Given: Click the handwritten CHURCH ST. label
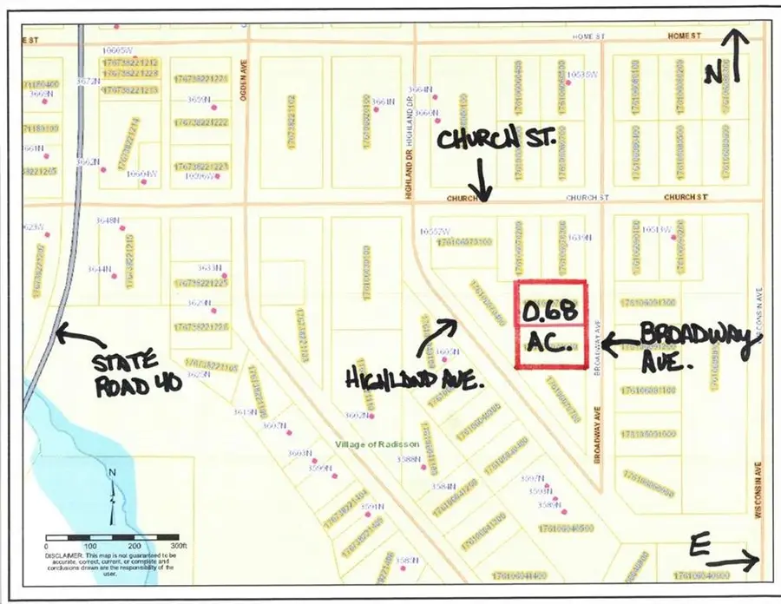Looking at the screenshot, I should tap(496, 139).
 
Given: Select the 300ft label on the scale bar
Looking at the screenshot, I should tap(177, 546).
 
